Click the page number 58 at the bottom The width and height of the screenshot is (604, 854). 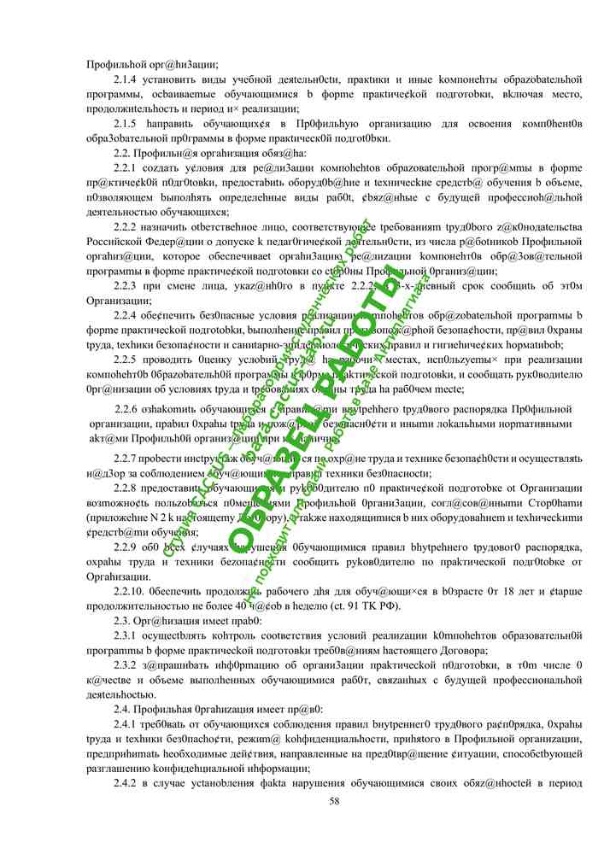coord(334,800)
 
